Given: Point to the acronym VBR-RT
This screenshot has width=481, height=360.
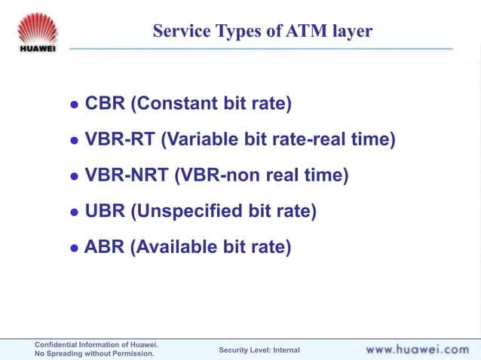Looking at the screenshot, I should [120, 139].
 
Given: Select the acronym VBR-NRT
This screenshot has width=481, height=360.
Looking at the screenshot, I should [126, 175].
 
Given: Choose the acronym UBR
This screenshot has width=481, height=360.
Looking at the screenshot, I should [105, 212].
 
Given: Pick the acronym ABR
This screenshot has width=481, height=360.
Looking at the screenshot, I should [104, 247].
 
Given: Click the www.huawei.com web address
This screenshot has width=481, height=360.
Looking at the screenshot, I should [417, 349].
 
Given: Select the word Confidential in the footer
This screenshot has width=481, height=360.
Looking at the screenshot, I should [60, 344].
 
